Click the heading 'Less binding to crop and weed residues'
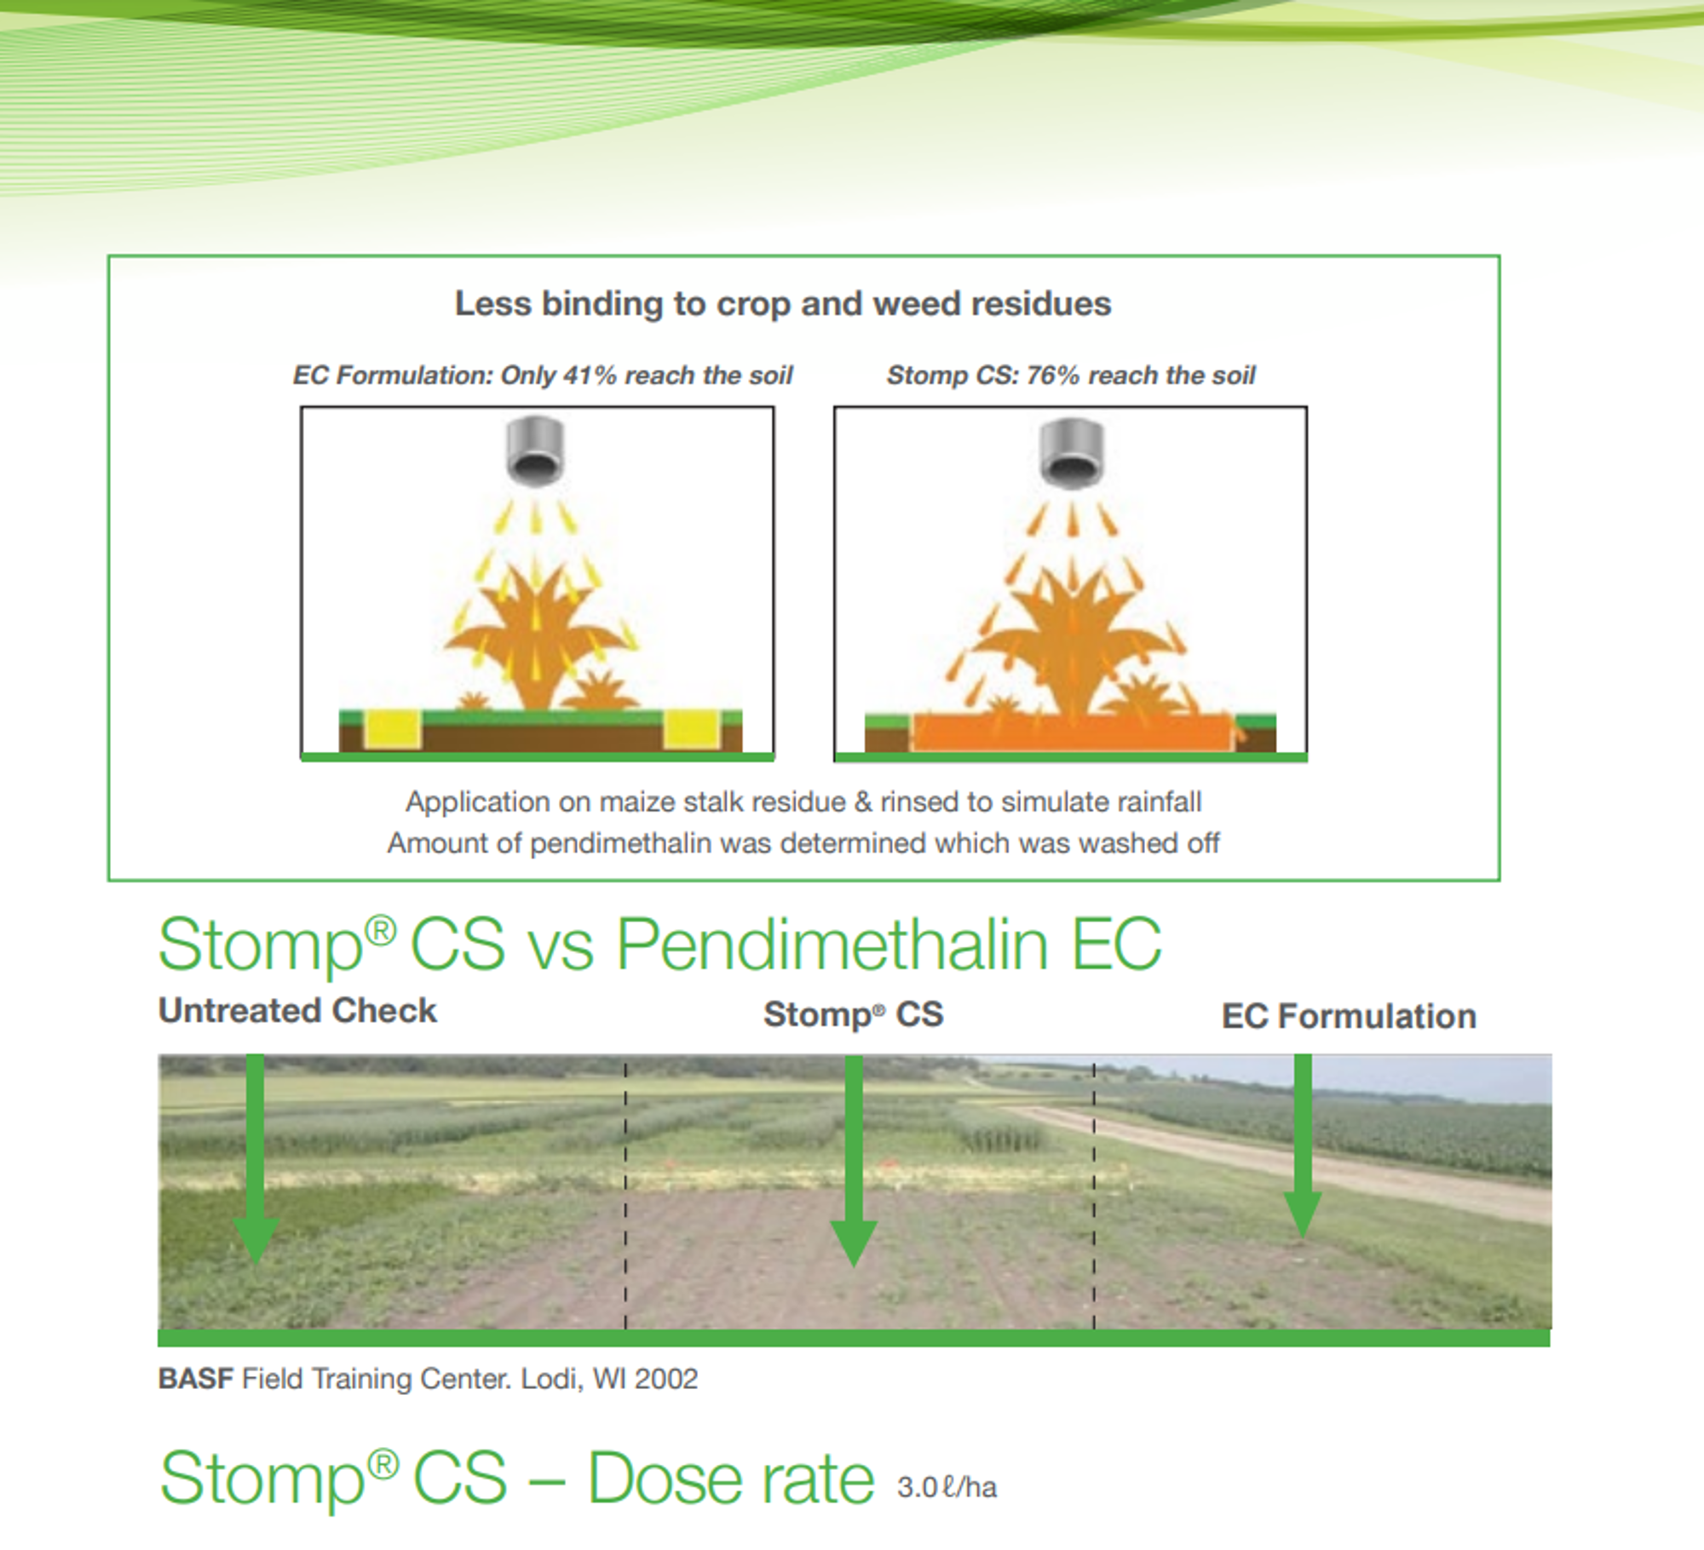click(x=783, y=304)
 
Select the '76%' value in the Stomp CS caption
click(x=1053, y=375)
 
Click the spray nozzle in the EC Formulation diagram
click(x=535, y=451)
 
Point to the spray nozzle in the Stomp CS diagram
click(x=1072, y=453)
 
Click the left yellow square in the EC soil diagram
click(x=394, y=729)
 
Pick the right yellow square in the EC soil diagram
click(x=691, y=729)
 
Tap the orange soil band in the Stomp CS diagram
click(x=1073, y=732)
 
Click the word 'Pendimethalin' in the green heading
click(x=832, y=945)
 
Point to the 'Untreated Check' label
click(x=297, y=1011)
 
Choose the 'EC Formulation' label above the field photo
click(x=1349, y=1016)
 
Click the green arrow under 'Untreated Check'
click(x=255, y=1158)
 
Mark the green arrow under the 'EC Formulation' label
click(x=1303, y=1146)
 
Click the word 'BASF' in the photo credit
click(x=195, y=1379)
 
